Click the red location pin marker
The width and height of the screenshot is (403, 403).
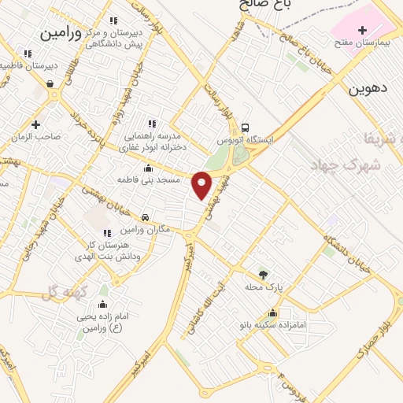(x=202, y=184)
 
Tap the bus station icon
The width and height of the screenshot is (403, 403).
(x=246, y=128)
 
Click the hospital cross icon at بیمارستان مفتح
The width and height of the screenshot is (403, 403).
(x=362, y=31)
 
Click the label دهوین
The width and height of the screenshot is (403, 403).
(x=369, y=90)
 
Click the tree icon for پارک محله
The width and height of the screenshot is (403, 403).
(x=263, y=274)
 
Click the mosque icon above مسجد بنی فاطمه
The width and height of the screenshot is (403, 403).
(x=148, y=168)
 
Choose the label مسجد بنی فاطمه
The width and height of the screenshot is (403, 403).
(x=148, y=180)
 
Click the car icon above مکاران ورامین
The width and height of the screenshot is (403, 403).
(x=145, y=217)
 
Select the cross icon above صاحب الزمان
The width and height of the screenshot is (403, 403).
(x=35, y=124)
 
